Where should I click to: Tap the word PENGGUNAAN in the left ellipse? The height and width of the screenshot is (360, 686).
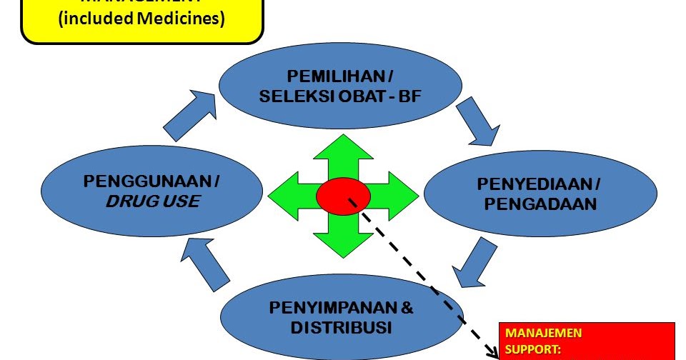(x=148, y=181)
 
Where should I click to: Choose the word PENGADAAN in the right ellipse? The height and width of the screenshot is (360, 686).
(x=540, y=205)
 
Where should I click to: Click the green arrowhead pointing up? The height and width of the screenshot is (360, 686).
(x=343, y=151)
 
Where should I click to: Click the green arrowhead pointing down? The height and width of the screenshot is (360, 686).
(x=343, y=241)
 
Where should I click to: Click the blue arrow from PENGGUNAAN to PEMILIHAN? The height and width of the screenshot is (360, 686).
(x=190, y=114)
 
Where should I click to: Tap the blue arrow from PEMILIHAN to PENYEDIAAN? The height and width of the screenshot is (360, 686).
(x=476, y=121)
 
